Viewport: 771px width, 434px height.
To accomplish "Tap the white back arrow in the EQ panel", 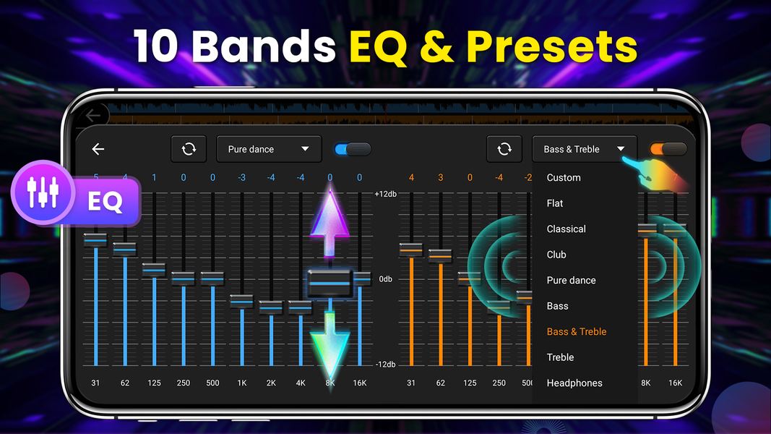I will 98,149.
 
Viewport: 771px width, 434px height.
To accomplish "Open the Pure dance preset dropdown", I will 268,149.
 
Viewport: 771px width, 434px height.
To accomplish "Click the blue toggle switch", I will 353,149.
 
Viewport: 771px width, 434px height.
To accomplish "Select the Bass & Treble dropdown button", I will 584,149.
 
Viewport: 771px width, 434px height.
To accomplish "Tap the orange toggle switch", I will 668,149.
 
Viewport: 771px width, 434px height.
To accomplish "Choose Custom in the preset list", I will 564,177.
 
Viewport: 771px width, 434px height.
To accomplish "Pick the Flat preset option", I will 555,203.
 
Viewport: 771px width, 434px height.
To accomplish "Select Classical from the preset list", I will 566,229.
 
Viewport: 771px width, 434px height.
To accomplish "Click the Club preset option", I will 556,255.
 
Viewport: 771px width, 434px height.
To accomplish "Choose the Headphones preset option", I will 574,383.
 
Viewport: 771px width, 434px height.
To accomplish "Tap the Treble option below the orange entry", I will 560,357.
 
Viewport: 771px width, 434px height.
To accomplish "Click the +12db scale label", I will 384,194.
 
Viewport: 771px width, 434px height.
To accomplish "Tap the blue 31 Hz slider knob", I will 95,239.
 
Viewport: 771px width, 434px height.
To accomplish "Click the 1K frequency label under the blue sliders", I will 242,383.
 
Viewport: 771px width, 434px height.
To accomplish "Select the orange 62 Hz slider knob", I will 440,255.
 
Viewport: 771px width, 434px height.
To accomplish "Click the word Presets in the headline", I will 552,48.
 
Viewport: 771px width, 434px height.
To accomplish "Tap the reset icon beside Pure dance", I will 189,149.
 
